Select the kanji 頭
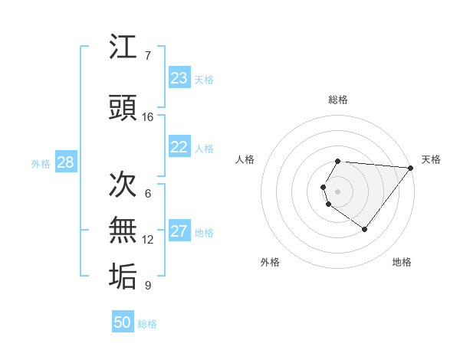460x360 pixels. pos(123,108)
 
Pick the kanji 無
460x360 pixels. pos(123,231)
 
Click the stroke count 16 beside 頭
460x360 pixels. pos(148,116)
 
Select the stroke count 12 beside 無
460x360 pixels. pos(148,240)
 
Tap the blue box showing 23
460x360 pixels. pos(179,78)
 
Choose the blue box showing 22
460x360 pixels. pos(179,147)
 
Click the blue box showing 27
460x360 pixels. pos(179,231)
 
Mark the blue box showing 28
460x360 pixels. pos(64,162)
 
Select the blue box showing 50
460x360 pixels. pos(123,322)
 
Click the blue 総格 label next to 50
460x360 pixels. pos(148,324)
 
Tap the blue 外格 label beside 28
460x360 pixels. pos(41,163)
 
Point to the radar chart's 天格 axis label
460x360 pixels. pos(431,159)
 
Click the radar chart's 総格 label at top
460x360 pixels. pos(338,100)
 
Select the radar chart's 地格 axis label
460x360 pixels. pos(402,262)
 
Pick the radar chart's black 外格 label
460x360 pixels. pos(270,262)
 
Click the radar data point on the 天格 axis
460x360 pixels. pos(411,168)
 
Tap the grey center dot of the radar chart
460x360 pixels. pos(338,191)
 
